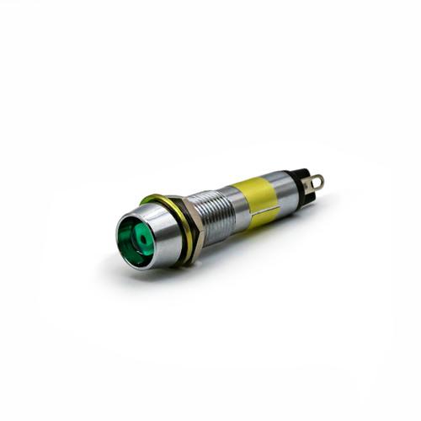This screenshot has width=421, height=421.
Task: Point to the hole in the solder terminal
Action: [317, 179]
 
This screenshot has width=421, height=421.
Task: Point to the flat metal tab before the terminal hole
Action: [307, 184]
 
